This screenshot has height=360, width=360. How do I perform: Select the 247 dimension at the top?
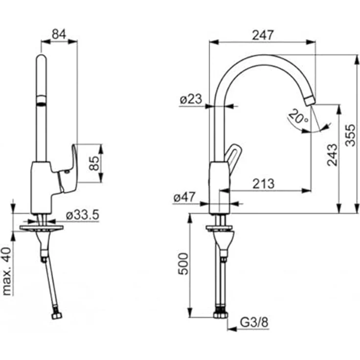pyautogui.click(x=262, y=35)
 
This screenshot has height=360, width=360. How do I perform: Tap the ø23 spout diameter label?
pyautogui.click(x=191, y=99)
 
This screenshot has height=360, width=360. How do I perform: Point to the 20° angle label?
pyautogui.click(x=298, y=117)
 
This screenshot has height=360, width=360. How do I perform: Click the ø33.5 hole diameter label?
pyautogui.click(x=83, y=214)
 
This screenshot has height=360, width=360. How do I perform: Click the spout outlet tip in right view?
pyautogui.click(x=309, y=100)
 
